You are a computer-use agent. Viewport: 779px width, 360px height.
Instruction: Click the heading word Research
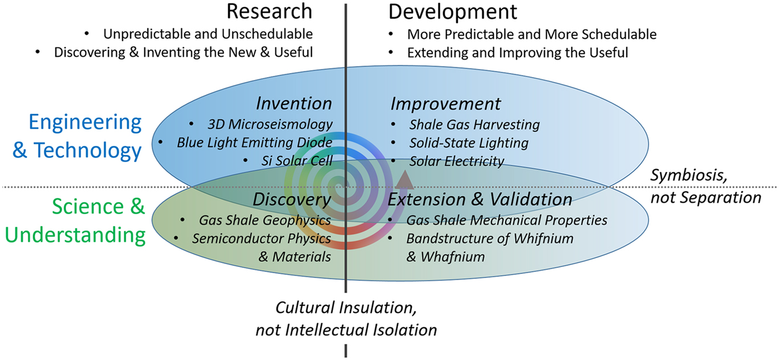[269, 11]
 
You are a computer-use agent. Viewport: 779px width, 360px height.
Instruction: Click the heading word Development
[452, 11]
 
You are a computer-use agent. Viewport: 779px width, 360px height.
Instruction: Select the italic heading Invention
[294, 103]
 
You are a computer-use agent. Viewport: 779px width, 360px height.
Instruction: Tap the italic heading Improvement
[445, 104]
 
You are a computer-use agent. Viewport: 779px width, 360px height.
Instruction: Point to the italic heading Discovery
[291, 199]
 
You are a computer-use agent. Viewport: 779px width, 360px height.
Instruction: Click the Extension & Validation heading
[480, 199]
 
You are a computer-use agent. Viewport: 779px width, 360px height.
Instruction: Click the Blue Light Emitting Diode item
[254, 142]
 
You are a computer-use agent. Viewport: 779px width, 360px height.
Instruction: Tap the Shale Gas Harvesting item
[474, 124]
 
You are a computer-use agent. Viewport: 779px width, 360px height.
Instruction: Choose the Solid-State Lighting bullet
[468, 143]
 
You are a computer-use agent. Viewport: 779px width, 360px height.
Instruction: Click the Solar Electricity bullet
[456, 161]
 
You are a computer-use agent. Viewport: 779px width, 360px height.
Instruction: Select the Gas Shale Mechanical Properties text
[506, 220]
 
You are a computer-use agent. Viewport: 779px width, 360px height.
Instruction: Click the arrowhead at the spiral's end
[404, 180]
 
